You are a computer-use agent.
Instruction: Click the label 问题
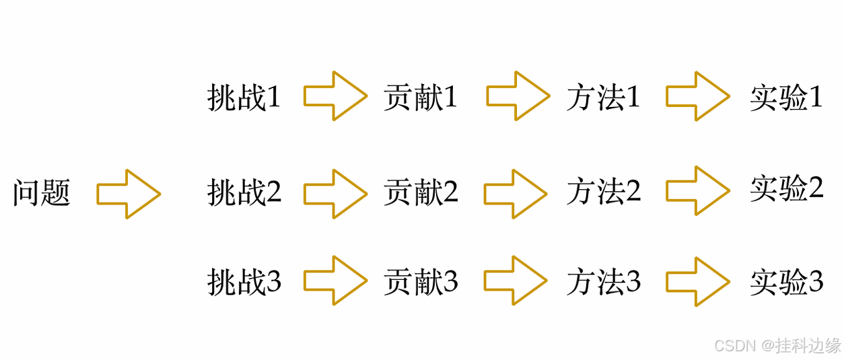42,194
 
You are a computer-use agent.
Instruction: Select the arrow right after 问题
129,194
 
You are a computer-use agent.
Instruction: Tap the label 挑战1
244,98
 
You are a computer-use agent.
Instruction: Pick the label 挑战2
244,193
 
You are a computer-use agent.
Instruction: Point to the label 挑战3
244,282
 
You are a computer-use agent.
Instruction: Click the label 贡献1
421,98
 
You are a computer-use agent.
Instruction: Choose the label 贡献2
421,193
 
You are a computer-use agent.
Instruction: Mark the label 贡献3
421,282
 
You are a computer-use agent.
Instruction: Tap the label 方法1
603,98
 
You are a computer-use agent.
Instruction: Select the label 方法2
603,193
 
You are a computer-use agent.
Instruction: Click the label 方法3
603,282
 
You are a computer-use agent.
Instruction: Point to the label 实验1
787,98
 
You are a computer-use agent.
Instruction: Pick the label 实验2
787,188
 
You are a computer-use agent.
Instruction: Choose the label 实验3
787,282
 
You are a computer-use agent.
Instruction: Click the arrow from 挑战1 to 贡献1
335,96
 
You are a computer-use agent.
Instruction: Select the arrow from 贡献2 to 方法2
516,194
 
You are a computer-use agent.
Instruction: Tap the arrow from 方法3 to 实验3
698,281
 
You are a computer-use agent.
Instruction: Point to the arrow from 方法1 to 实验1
698,96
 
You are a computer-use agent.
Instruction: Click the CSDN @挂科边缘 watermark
777,346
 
